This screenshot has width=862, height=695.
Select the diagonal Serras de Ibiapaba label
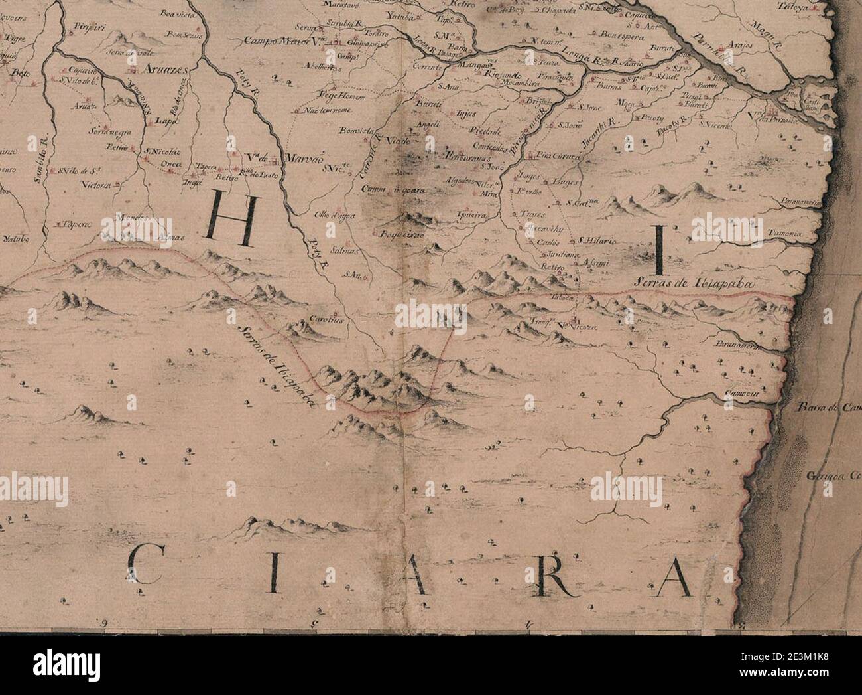[273, 364]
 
